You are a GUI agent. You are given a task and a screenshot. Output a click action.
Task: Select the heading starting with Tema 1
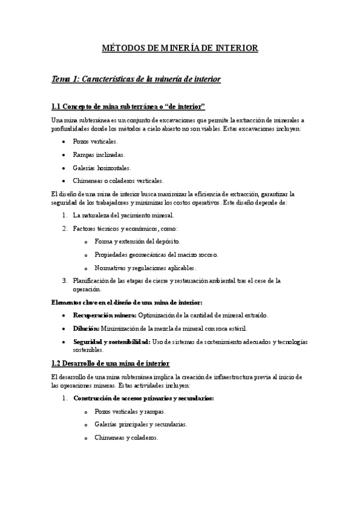coord(136,79)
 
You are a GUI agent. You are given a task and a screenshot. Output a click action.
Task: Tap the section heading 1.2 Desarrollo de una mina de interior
coord(111,363)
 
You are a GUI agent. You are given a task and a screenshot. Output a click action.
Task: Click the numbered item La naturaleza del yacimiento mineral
coord(123,215)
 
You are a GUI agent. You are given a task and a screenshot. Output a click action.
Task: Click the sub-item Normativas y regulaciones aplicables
coord(145,268)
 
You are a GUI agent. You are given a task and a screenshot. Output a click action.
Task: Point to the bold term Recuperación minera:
coord(105,315)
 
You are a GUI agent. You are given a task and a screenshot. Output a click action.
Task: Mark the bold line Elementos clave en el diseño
coord(127,302)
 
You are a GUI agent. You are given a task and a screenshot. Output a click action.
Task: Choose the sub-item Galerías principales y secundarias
coord(141,425)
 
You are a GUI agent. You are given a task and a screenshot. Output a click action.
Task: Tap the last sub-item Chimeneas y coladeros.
coord(126,438)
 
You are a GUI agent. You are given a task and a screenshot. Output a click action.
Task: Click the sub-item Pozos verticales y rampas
coord(130,411)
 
